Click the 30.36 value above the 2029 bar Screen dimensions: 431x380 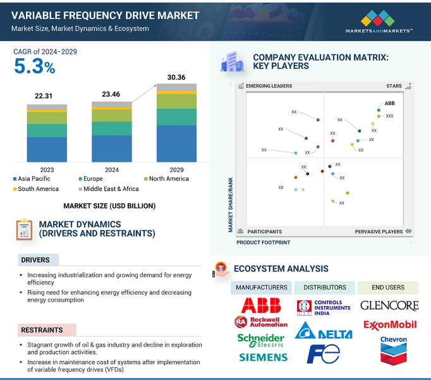pos(176,77)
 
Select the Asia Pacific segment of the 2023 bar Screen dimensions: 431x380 pos(47,149)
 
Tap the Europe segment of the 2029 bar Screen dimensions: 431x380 pos(176,117)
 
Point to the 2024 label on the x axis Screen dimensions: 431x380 pos(112,170)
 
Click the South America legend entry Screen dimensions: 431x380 pos(36,189)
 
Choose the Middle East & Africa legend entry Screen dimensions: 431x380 pos(109,189)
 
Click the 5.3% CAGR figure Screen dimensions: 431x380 pos(35,66)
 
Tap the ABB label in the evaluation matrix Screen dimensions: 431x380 pos(389,104)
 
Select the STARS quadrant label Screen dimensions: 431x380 pos(394,86)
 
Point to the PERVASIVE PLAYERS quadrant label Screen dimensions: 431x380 pos(379,231)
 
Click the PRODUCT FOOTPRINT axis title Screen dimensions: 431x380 pos(264,243)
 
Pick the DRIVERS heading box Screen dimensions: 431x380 pos(38,260)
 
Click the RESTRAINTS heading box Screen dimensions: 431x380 pos(47,330)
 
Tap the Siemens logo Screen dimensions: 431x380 pos(264,357)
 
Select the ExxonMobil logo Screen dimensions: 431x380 pos(390,325)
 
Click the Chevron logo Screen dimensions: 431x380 pos(394,350)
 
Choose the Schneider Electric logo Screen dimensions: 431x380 pos(261,340)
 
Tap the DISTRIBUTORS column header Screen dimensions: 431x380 pos(325,288)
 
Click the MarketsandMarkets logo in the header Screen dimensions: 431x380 pos(379,21)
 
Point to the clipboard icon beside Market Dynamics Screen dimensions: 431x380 pos(24,230)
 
